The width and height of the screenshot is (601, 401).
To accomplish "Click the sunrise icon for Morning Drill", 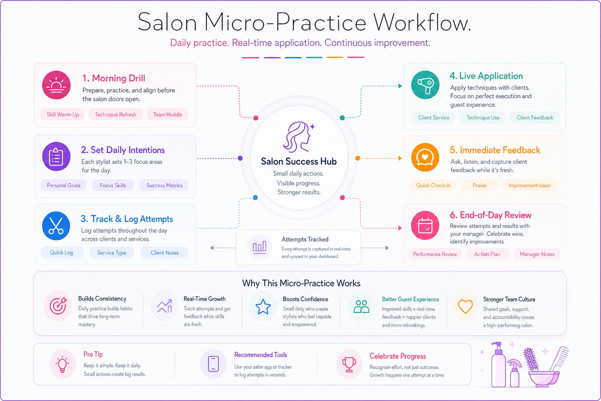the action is click(x=56, y=85).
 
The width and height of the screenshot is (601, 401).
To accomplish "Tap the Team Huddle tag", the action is click(x=167, y=115).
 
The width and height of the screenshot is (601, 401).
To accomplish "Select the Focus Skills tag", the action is click(x=113, y=185).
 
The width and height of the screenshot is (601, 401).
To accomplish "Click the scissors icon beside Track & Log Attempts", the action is click(x=56, y=226).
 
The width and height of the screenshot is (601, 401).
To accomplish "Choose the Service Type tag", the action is click(x=112, y=253).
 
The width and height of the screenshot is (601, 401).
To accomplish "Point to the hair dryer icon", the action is click(x=425, y=85).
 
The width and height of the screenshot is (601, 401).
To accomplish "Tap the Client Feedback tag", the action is click(x=534, y=117).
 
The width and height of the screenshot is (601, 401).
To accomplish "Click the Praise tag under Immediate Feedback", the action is click(x=479, y=185).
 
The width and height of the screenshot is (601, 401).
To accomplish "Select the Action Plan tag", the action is click(x=487, y=254).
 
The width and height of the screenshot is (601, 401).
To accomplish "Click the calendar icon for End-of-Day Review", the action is click(x=425, y=225).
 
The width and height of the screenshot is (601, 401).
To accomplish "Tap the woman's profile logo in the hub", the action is click(x=299, y=137).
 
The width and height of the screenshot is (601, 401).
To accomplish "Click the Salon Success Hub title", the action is click(x=299, y=161).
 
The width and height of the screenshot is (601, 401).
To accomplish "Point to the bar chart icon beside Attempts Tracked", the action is click(x=259, y=247).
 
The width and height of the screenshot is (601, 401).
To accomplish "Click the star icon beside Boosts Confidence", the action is click(x=263, y=307).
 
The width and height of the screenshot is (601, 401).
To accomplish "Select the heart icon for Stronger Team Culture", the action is click(x=465, y=307).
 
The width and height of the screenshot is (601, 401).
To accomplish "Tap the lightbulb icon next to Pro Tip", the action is click(x=63, y=364).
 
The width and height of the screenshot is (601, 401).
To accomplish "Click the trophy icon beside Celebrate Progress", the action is click(x=349, y=364).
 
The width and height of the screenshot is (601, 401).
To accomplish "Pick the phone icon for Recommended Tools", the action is click(x=213, y=364).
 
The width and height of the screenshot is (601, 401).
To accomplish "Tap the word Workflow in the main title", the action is click(x=422, y=23).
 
